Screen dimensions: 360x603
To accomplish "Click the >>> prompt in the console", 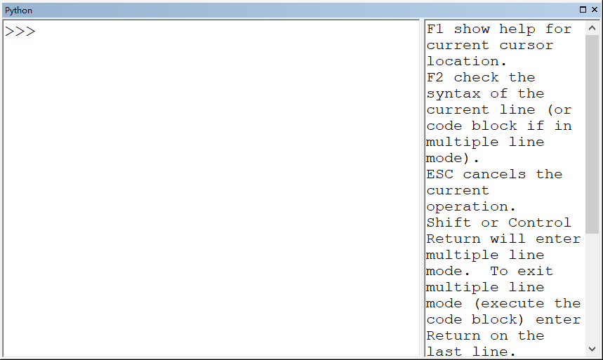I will [x=20, y=32].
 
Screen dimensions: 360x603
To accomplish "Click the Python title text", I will [x=19, y=10].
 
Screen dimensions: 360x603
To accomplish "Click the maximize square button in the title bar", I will [x=583, y=10].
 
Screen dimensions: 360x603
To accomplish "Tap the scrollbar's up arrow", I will [x=592, y=29].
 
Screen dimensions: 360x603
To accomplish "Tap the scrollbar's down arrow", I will [x=592, y=348].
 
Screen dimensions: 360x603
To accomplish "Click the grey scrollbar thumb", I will [x=592, y=133].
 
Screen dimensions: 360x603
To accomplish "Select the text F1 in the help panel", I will [x=435, y=29].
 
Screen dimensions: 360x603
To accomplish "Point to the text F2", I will [x=435, y=78].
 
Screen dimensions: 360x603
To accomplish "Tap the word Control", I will [x=540, y=223].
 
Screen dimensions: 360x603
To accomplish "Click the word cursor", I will [x=526, y=46].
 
